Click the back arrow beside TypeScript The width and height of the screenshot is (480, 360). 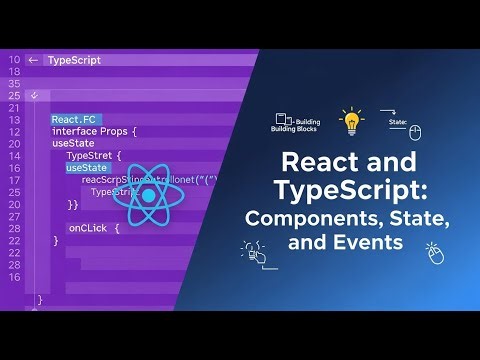(33, 60)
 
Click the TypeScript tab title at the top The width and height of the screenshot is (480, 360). (74, 60)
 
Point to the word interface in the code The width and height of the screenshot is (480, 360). (77, 132)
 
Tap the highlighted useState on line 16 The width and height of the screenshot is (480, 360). (87, 168)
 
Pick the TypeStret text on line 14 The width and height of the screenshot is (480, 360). (93, 156)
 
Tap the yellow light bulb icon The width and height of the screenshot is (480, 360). (351, 121)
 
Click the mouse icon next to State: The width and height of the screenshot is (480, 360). (415, 132)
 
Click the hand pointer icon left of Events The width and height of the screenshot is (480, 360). (252, 252)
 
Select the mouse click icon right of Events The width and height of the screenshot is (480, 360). (434, 253)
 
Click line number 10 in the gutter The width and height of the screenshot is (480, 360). (14, 60)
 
